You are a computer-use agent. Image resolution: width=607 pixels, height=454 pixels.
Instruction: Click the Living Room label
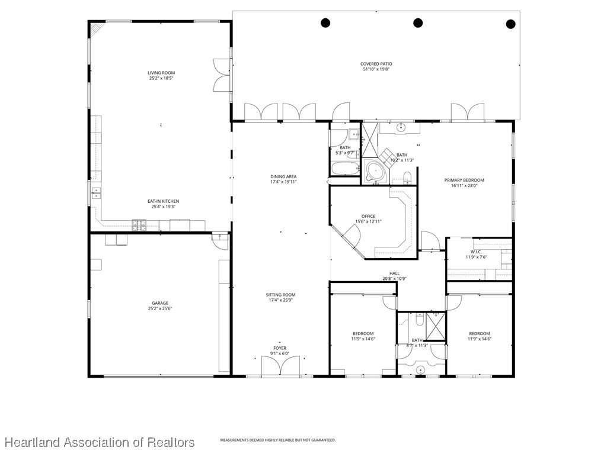[x=161, y=73]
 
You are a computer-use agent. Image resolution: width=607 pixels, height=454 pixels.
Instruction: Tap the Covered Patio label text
[x=376, y=64]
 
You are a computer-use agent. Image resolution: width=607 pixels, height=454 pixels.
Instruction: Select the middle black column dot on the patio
[x=418, y=23]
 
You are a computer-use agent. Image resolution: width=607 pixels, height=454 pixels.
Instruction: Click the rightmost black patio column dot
[x=510, y=24]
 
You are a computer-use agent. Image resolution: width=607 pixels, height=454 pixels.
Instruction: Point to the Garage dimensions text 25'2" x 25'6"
[x=160, y=308]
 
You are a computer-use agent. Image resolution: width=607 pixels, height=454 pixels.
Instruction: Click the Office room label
[x=368, y=216]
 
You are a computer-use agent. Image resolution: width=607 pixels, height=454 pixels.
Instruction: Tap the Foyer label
[x=280, y=348]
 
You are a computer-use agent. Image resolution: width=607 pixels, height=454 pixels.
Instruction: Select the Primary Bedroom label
[x=464, y=180]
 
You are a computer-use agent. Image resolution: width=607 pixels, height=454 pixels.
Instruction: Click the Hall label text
[x=394, y=273]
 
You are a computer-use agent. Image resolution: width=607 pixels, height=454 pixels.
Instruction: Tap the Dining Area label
[x=283, y=176]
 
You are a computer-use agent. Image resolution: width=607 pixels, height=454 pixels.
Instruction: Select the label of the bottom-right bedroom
[x=479, y=333]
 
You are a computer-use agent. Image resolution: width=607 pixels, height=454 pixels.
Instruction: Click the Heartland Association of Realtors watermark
[x=99, y=442]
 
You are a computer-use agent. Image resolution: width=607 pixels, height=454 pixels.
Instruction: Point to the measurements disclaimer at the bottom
[x=278, y=440]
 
